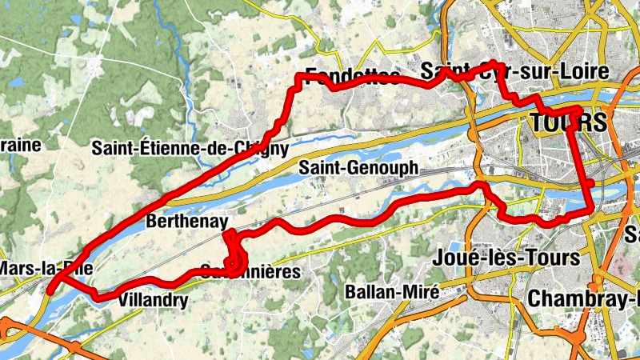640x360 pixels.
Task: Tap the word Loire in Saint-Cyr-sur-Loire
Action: point(580,72)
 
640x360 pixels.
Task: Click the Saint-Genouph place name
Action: point(358,168)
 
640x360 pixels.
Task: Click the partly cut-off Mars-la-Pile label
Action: point(24,268)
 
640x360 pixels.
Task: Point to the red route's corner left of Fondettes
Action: point(300,76)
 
